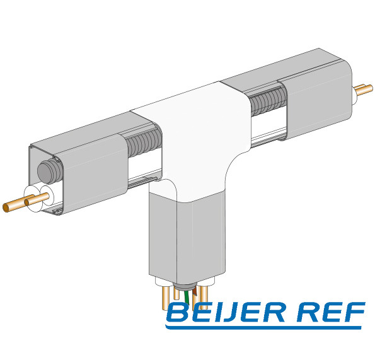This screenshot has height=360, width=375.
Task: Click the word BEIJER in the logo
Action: coord(226,312)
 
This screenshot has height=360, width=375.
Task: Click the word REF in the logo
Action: coord(332,311)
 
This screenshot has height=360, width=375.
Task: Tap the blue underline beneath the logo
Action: coord(263,327)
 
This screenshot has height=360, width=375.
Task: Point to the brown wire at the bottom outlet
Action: coord(195,291)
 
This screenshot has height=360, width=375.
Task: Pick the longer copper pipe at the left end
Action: coord(19,204)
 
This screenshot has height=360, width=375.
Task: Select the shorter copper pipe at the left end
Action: coord(37,199)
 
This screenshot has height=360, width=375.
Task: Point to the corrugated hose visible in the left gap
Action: coord(144,143)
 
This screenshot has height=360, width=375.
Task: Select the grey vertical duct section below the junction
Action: coord(187,237)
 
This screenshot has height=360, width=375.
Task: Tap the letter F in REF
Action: coord(354,311)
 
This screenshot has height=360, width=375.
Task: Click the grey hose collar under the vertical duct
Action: coord(185,286)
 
